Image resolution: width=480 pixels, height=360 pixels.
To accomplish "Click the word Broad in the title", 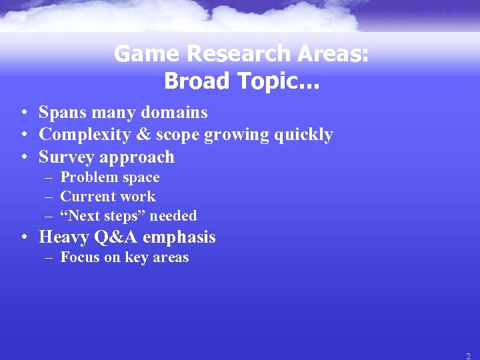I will click(x=193, y=81).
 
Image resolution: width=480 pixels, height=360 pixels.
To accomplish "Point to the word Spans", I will click(x=61, y=113).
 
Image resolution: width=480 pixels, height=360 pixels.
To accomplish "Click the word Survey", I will click(x=65, y=157).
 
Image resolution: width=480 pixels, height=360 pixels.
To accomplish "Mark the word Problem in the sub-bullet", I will click(x=85, y=177).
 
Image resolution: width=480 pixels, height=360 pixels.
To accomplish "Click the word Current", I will click(x=85, y=197).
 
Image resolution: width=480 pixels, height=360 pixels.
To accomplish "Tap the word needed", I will click(x=173, y=216).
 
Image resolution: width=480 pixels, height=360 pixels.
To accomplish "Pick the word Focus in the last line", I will click(x=79, y=257).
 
